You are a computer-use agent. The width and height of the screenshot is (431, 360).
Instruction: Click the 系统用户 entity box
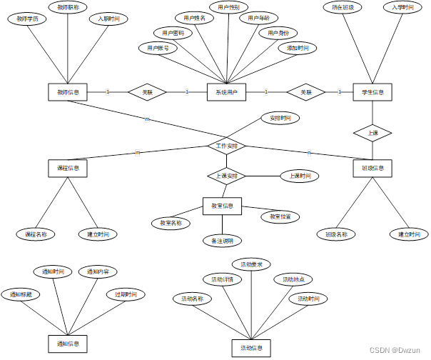pos(226,92)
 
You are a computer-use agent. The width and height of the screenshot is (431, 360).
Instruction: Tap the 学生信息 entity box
pos(372,92)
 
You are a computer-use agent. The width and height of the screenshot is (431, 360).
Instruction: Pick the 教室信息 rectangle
pos(222,206)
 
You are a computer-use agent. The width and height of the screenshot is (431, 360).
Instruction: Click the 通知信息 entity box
pos(68,344)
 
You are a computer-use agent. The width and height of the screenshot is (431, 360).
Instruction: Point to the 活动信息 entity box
pos(251,348)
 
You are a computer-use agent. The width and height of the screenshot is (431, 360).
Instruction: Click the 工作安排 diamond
pos(227,146)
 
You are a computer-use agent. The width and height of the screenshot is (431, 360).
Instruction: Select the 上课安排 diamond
pos(226,175)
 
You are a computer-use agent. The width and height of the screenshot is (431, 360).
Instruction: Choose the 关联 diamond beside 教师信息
pos(147,92)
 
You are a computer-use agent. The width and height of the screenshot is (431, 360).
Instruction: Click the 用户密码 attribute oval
pos(173,33)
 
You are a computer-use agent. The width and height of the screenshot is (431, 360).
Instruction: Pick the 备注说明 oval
pos(222,241)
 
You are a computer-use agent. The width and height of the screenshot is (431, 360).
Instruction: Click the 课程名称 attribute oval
pos(36,234)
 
